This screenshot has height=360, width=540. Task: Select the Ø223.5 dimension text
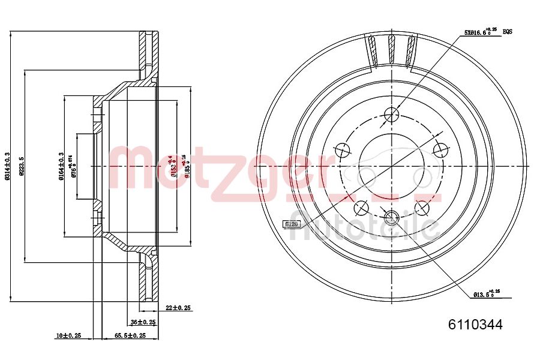(22, 166)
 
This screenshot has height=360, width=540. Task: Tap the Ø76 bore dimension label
(73, 166)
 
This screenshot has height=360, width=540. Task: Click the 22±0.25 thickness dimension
(178, 308)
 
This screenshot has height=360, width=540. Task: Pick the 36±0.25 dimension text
(143, 322)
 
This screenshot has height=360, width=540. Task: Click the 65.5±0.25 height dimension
(130, 336)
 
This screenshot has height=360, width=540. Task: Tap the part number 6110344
(475, 325)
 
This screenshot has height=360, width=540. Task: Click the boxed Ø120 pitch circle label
(291, 224)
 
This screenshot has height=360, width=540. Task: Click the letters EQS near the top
(507, 31)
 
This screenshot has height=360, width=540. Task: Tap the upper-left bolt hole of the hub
(343, 149)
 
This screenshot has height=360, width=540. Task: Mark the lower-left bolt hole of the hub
(361, 208)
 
